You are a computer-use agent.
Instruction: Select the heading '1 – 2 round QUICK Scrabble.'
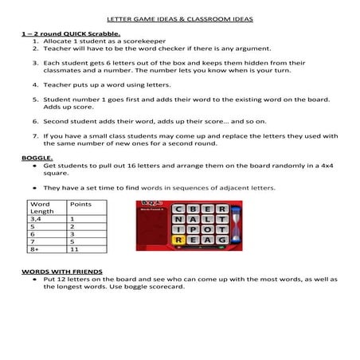[71, 34]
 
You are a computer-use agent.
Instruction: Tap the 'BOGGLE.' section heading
[37, 158]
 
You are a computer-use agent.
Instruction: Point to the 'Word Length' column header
[41, 207]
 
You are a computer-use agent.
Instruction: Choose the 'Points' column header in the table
[80, 204]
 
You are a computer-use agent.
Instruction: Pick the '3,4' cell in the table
[37, 218]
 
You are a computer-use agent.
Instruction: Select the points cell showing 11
[73, 248]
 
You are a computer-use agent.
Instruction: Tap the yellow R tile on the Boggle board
[178, 239]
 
